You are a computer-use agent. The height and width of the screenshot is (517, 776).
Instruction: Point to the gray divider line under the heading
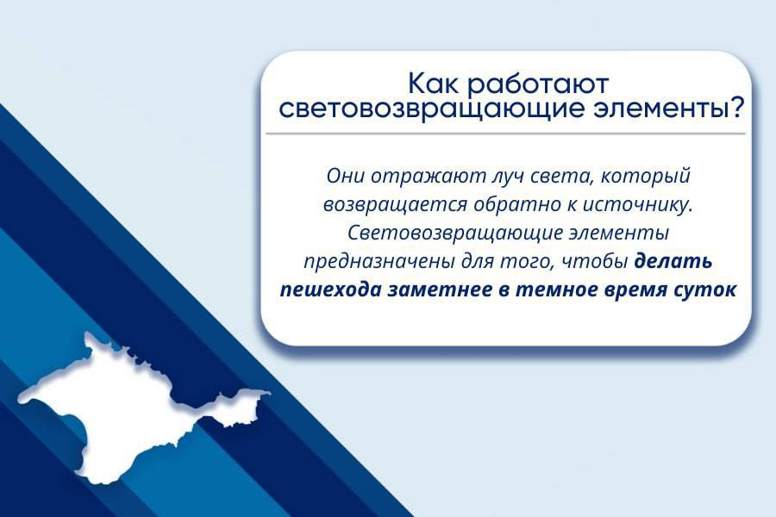click(505, 134)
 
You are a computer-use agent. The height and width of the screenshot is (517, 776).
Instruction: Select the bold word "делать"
click(673, 260)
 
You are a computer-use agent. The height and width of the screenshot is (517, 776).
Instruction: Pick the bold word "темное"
click(556, 289)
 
